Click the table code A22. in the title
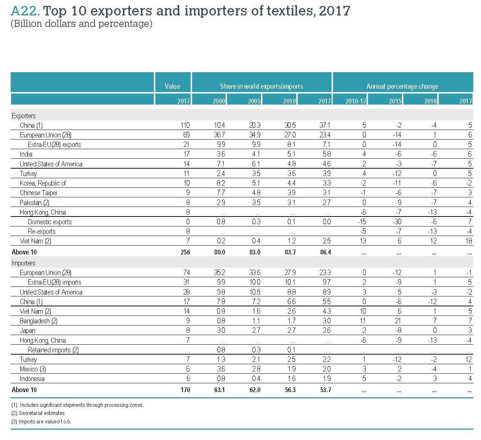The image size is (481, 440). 25,11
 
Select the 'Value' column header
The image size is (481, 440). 172,86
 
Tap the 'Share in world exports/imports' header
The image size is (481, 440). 261,86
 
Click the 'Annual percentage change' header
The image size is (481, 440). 402,86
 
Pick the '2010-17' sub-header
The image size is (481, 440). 356,101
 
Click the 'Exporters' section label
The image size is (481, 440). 24,116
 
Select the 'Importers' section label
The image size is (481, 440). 24,263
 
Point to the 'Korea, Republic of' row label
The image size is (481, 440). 43,183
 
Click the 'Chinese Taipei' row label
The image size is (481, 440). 38,193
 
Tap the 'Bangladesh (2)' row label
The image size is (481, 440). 38,321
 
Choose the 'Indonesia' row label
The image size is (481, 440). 32,379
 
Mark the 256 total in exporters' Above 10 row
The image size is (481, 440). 185,252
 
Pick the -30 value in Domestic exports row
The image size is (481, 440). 397,222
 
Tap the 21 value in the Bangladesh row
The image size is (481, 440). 398,321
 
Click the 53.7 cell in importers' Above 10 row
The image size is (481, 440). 325,390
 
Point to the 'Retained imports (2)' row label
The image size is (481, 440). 53,350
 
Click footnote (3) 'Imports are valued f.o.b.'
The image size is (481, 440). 41,421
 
